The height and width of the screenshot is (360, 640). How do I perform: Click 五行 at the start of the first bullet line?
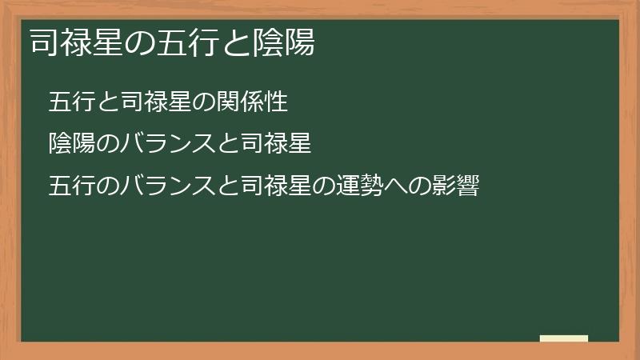coord(70,102)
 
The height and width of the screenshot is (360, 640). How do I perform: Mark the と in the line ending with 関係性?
coord(105,102)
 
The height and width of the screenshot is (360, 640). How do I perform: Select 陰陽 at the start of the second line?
coord(70,145)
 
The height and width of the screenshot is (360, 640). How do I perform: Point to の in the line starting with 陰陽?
coord(105,145)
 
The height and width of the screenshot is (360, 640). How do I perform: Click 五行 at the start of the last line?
coord(70,187)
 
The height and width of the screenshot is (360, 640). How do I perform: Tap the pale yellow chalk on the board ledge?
coord(564,338)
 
